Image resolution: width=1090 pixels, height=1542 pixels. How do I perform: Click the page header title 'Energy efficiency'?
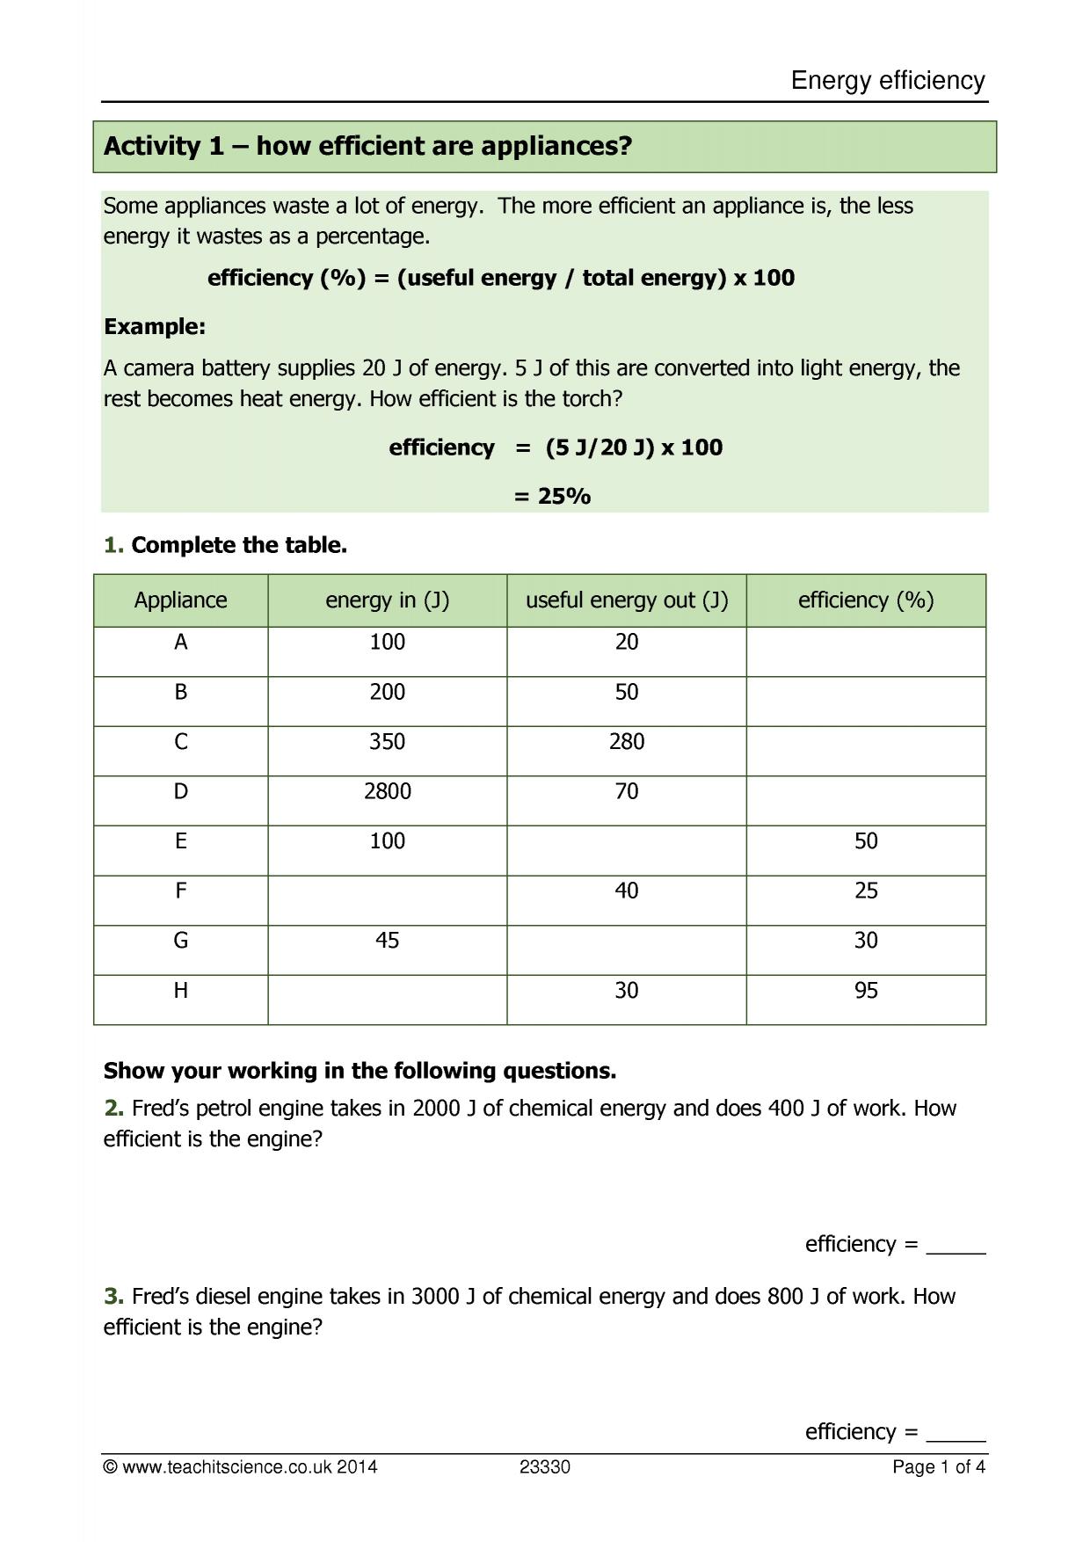click(888, 81)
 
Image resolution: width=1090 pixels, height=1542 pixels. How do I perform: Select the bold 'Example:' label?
click(155, 327)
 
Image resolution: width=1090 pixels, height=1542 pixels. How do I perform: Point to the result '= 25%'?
click(552, 497)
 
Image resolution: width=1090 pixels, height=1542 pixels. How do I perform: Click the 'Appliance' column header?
click(180, 600)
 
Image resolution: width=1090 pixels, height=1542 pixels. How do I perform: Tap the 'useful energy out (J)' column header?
click(627, 600)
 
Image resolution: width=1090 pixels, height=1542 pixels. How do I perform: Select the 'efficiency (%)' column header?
click(866, 600)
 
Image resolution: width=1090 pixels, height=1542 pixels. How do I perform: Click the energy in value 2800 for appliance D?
click(387, 792)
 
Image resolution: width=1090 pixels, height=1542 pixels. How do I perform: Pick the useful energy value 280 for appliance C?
click(627, 742)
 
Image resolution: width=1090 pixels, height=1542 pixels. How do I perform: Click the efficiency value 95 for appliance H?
click(866, 991)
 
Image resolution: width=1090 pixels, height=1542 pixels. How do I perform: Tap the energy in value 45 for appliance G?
click(387, 941)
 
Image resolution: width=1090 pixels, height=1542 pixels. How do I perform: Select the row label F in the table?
click(180, 891)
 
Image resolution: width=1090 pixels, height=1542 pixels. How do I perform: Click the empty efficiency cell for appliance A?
click(866, 651)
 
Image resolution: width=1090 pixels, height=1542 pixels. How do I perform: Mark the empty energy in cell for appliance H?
click(387, 1000)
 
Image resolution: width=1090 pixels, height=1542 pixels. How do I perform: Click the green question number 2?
click(113, 1109)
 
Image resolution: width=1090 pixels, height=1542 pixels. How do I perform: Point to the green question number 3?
click(113, 1297)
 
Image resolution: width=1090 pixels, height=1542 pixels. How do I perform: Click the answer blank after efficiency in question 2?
click(956, 1247)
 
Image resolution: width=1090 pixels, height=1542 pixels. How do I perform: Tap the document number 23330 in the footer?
click(545, 1467)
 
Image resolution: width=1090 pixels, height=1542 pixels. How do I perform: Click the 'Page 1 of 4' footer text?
click(938, 1467)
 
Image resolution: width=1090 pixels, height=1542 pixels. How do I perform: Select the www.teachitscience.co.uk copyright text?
click(240, 1467)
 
